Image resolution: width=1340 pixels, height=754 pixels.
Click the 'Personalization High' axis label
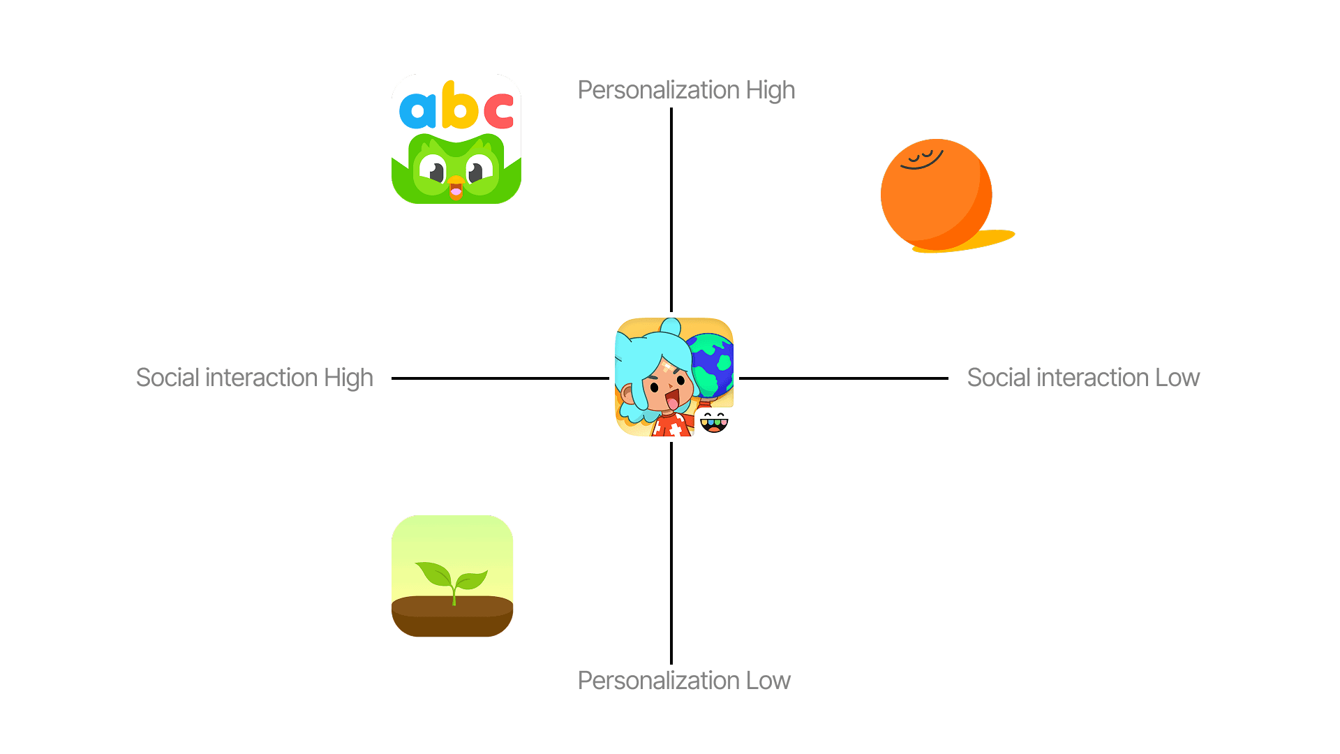coord(686,90)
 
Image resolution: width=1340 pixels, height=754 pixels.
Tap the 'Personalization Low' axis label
coord(684,681)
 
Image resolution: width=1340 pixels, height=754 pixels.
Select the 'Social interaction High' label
coord(255,378)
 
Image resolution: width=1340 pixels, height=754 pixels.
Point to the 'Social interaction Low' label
coord(1083,378)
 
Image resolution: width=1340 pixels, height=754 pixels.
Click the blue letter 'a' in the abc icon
coord(417,110)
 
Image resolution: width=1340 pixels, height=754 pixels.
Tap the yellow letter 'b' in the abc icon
coord(459,107)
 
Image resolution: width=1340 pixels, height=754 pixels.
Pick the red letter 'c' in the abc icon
coord(498,111)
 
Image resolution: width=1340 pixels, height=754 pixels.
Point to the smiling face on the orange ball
coord(922,160)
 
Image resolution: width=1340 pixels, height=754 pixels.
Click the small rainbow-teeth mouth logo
coord(713,422)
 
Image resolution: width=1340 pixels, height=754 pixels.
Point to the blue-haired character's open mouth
coord(672,401)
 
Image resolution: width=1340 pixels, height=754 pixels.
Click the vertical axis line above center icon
coord(671,209)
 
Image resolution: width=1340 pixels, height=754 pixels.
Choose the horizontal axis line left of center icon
coord(500,378)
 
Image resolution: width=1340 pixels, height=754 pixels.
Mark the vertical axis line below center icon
coord(671,552)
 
